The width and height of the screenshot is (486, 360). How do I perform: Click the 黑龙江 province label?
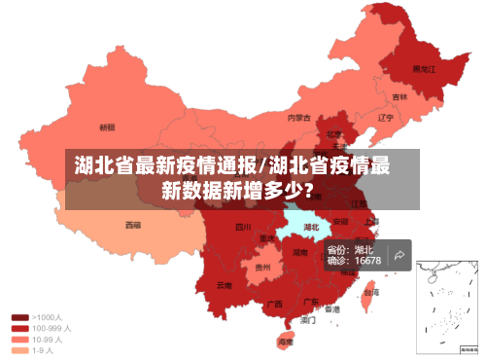(x=423, y=69)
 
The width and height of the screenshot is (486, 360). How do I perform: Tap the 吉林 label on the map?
(x=399, y=97)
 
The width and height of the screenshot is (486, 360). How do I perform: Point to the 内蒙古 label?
(x=298, y=118)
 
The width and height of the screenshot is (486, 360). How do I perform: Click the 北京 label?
(x=333, y=134)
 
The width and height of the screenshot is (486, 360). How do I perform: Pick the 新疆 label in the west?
(x=107, y=126)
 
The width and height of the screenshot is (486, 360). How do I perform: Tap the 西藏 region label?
(x=132, y=224)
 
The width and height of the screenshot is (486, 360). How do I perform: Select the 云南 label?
(x=225, y=285)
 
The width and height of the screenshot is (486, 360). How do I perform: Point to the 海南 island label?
(x=285, y=342)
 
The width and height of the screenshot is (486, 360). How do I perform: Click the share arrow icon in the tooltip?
(x=399, y=255)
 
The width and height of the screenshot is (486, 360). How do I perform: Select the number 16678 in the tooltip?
(x=366, y=261)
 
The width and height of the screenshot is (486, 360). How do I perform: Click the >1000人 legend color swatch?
(x=19, y=317)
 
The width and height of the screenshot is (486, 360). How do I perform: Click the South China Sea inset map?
(x=447, y=305)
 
